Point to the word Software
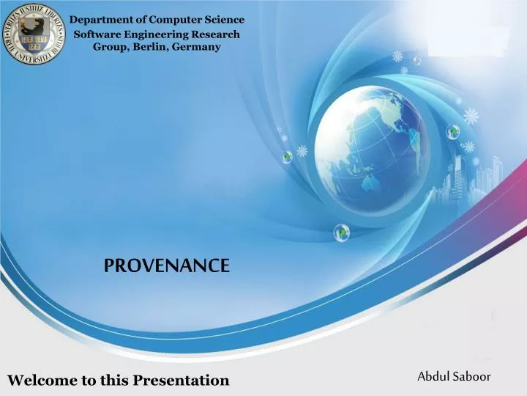click(102, 34)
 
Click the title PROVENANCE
click(167, 265)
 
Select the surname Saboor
click(471, 376)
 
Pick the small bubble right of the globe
click(454, 132)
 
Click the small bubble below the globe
click(342, 232)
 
